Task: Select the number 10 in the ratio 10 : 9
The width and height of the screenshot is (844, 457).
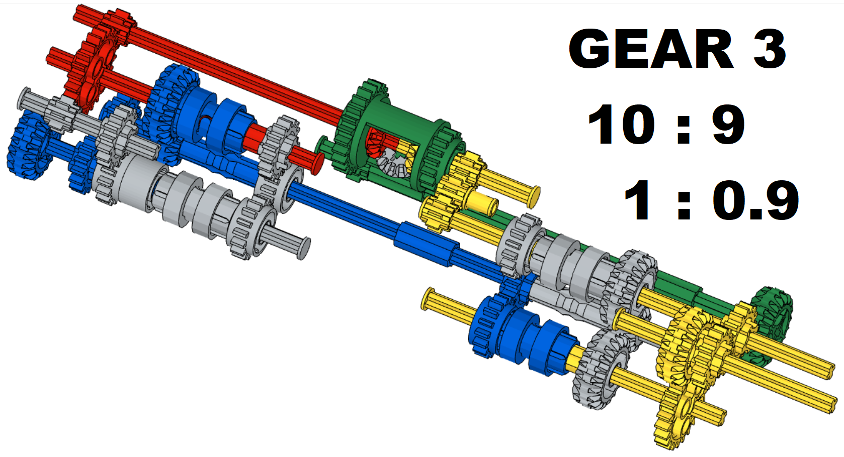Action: [622, 124]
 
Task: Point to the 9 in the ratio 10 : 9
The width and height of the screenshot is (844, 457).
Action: [728, 124]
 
